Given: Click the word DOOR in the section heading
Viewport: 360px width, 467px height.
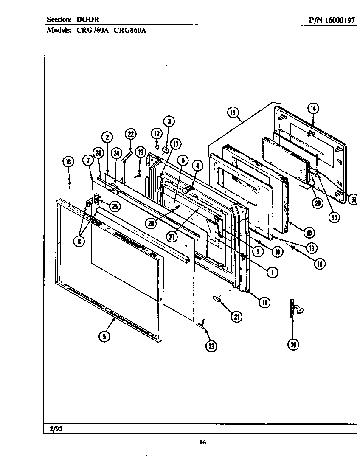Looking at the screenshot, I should coord(88,20).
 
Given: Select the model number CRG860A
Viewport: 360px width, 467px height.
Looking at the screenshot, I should coord(130,30).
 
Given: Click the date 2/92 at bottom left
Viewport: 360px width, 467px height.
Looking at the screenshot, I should coord(56,428).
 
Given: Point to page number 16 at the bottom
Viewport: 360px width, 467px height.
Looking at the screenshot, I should coord(202,442).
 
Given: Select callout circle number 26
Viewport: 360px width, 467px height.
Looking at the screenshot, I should coord(293,344).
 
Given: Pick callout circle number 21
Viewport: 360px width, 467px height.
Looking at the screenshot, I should coord(236,316).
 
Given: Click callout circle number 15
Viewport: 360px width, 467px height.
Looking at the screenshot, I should coord(233,113).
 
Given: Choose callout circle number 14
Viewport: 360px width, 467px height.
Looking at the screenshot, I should coord(313,108).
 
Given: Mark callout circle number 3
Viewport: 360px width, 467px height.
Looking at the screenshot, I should coord(169,122).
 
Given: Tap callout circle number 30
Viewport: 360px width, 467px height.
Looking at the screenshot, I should coord(335,217).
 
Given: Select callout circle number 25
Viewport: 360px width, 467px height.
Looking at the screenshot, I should coord(115,206).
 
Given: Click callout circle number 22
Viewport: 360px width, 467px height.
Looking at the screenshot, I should coord(130,134).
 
